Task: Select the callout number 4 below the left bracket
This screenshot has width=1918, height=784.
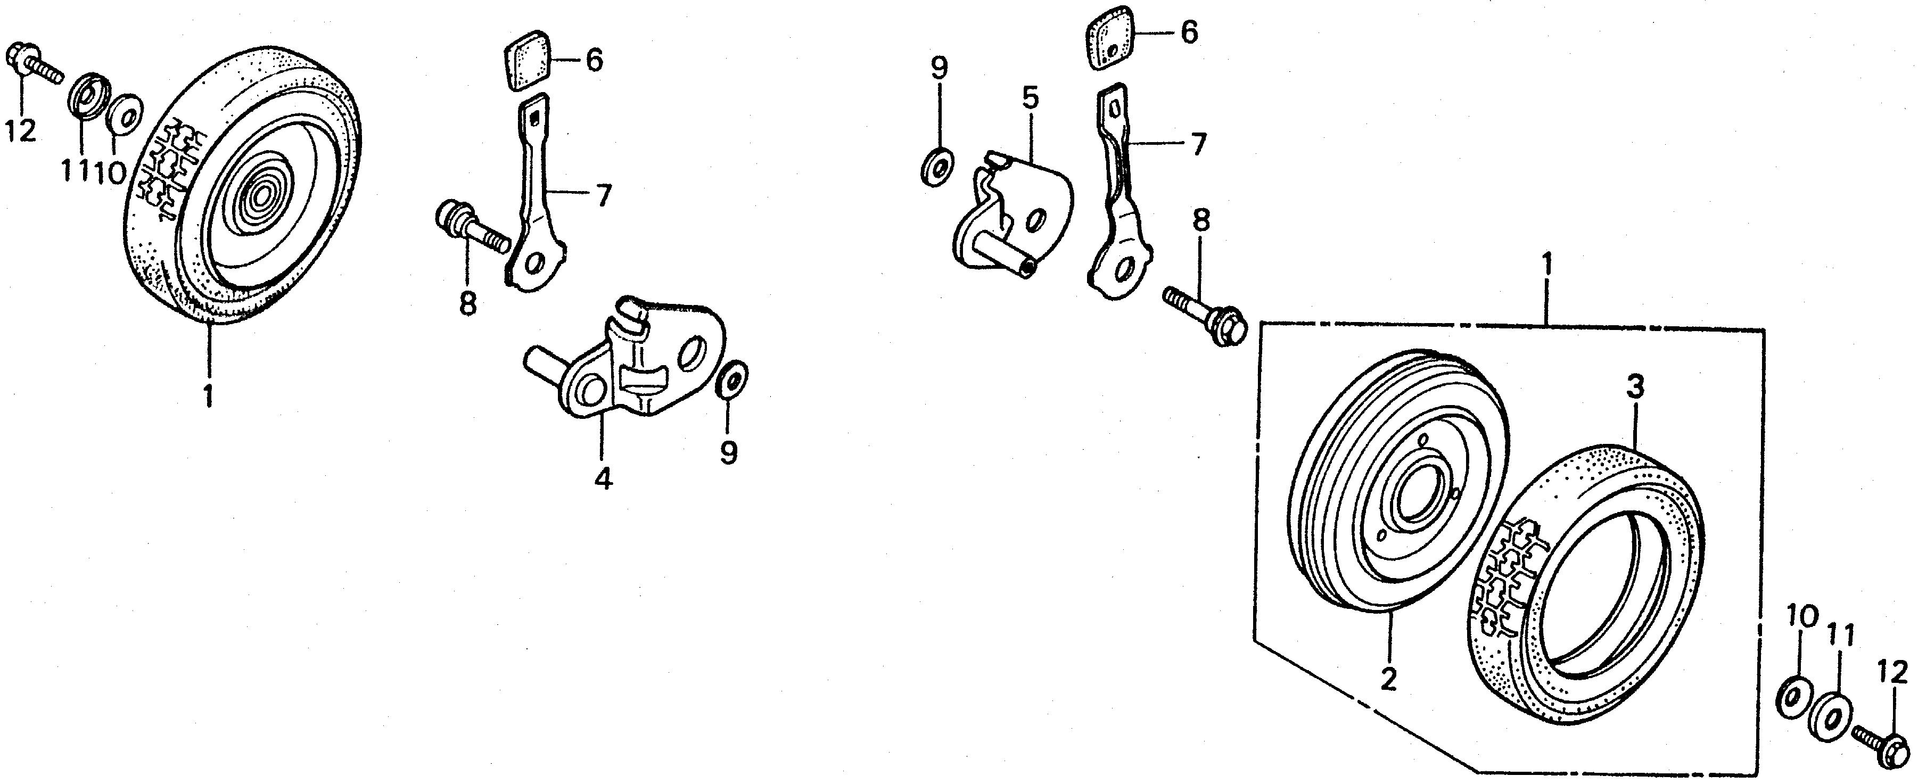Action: click(603, 477)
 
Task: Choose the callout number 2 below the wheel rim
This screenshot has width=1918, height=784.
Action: click(1387, 679)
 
